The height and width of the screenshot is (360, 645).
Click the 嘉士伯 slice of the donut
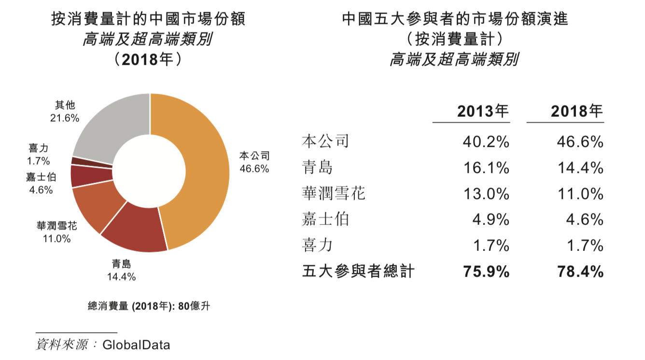point(80,176)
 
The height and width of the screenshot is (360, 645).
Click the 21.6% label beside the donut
point(65,118)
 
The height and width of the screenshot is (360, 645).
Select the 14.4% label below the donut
point(121,277)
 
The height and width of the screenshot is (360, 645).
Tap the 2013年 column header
point(483,112)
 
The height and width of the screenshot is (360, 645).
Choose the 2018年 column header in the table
point(577,112)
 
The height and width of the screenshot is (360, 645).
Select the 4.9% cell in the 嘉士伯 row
point(491,220)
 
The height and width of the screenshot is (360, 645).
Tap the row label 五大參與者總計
point(358,271)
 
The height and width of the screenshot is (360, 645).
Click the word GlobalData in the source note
point(136,345)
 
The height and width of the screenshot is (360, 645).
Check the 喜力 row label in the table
point(317,246)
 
